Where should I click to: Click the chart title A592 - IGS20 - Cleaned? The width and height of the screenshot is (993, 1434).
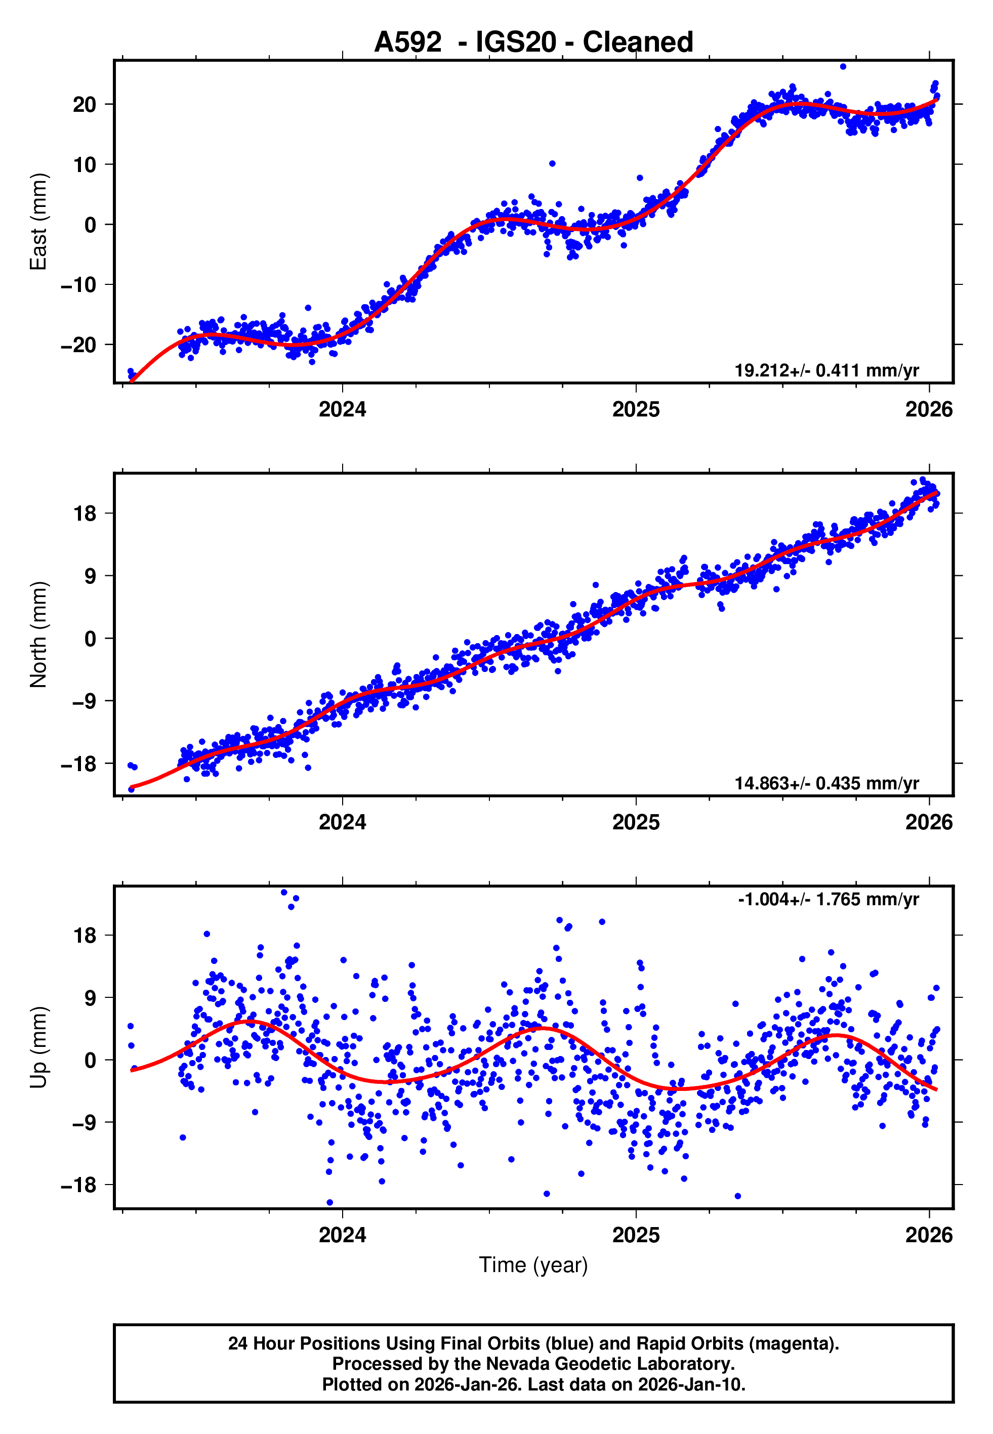pyautogui.click(x=533, y=43)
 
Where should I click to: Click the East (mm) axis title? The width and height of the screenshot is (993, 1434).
pyautogui.click(x=38, y=222)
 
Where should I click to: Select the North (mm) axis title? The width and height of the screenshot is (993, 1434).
pyautogui.click(x=38, y=635)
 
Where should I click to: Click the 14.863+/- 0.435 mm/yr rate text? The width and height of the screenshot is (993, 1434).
pyautogui.click(x=826, y=783)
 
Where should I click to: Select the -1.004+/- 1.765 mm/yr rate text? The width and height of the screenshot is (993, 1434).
pyautogui.click(x=828, y=899)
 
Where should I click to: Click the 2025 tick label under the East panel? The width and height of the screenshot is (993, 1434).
pyautogui.click(x=635, y=409)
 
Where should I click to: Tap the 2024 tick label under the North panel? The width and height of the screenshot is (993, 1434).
pyautogui.click(x=342, y=822)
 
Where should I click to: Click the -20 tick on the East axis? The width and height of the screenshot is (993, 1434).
pyautogui.click(x=78, y=345)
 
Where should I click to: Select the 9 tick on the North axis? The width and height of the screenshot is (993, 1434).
pyautogui.click(x=90, y=576)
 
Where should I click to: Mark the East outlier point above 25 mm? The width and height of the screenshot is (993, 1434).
pyautogui.click(x=843, y=66)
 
